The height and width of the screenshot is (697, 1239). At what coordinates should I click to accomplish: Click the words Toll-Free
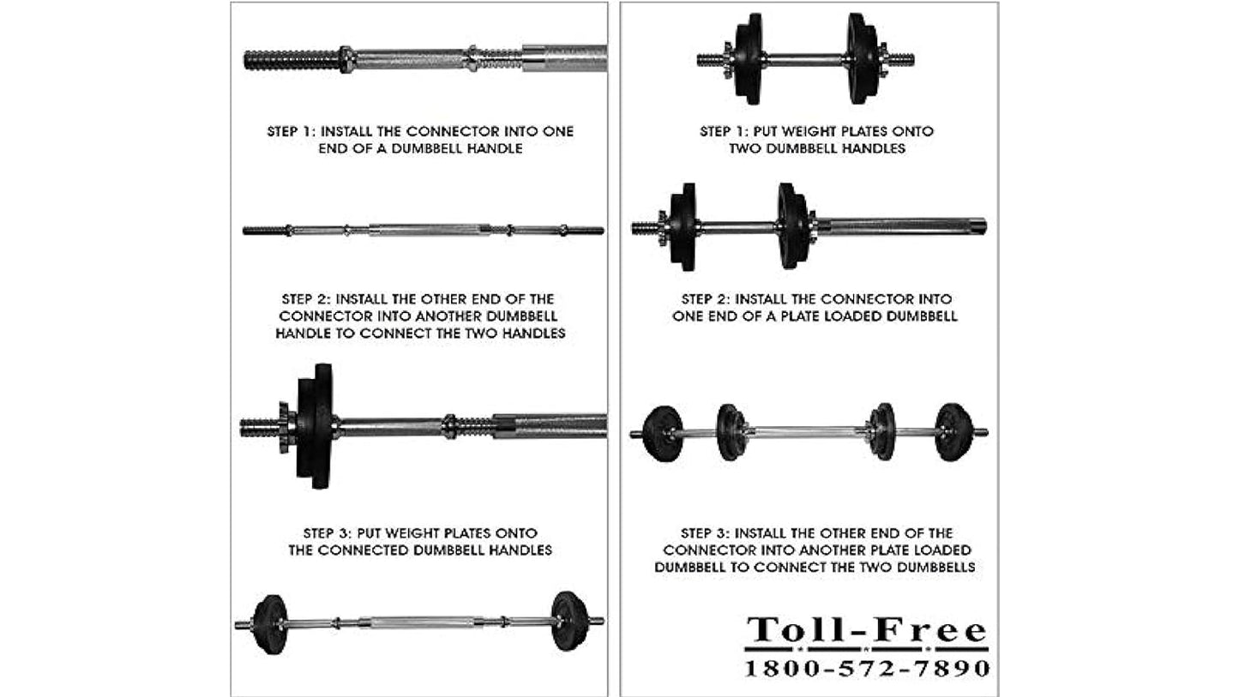click(x=867, y=630)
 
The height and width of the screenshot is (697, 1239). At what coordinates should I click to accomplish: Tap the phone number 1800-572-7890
click(x=867, y=668)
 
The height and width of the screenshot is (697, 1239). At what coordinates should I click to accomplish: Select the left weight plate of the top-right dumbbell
click(x=749, y=58)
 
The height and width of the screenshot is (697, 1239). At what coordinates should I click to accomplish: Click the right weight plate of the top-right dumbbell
click(x=863, y=58)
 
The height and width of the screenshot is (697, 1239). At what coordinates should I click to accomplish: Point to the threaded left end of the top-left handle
click(x=292, y=60)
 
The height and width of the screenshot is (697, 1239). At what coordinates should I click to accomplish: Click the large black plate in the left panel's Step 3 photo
click(x=315, y=426)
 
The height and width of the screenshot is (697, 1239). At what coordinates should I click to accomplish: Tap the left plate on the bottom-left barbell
click(x=270, y=624)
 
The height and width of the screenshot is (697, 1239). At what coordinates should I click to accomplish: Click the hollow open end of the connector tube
click(x=979, y=225)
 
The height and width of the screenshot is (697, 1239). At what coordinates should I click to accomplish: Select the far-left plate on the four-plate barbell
click(x=664, y=433)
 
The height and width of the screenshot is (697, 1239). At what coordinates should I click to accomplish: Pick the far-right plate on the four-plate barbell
click(x=954, y=431)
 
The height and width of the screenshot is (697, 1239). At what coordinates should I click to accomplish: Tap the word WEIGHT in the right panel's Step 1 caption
click(x=809, y=131)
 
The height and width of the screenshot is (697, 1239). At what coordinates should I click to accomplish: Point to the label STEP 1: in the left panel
click(x=291, y=131)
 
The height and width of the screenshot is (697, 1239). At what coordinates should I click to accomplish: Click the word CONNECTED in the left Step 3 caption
click(x=363, y=550)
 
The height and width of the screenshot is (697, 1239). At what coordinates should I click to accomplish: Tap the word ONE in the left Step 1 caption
click(x=557, y=131)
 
